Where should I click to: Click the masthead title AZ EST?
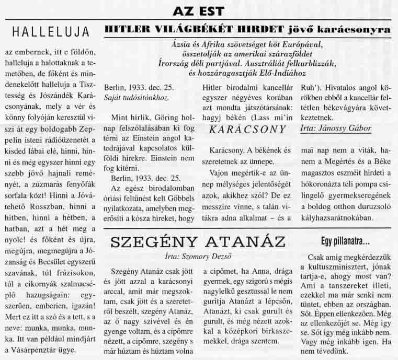pyautogui.click(x=198, y=10)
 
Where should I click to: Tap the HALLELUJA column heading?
pyautogui.click(x=51, y=32)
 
